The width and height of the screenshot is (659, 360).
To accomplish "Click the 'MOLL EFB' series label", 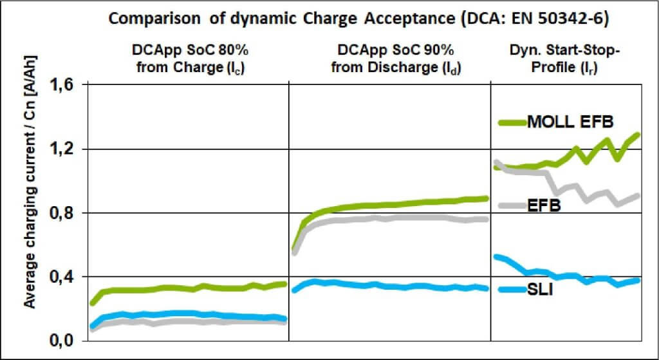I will [570, 121].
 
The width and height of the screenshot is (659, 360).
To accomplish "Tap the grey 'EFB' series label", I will [544, 206].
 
